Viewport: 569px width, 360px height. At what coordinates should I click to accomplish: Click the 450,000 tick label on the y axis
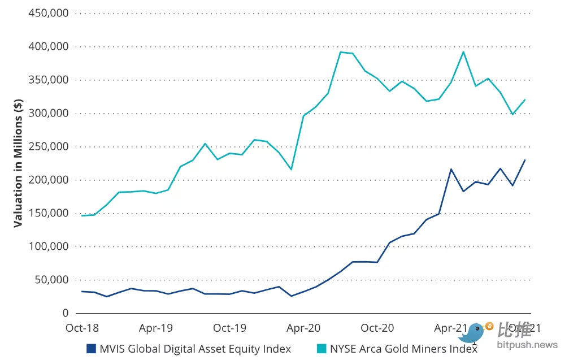pos(49,13)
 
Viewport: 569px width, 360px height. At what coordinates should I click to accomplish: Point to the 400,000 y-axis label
pos(49,46)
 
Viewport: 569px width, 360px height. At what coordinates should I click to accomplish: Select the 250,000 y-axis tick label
pos(49,146)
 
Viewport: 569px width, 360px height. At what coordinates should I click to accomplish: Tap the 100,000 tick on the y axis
pos(49,246)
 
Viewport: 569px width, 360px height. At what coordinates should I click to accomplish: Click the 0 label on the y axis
pos(66,313)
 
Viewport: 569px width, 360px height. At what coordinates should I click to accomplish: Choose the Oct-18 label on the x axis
pos(82,328)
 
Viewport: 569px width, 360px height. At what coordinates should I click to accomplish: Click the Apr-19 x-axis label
pos(156,328)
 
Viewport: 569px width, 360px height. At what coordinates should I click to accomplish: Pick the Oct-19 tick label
pos(229,328)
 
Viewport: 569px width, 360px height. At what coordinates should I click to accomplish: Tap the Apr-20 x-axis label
pos(303,328)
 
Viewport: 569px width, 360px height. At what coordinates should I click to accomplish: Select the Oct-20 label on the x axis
pos(377,328)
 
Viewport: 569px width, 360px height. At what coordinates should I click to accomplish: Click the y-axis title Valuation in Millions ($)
pos(18,163)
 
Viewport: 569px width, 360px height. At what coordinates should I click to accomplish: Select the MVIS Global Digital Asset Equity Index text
pos(196,348)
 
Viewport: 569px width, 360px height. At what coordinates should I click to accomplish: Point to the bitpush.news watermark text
pos(527,344)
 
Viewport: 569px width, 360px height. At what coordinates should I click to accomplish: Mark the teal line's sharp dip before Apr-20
pos(291,170)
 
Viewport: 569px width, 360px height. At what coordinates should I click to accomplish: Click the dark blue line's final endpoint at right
pos(525,160)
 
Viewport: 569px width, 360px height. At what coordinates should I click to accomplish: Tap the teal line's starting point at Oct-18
pos(82,215)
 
